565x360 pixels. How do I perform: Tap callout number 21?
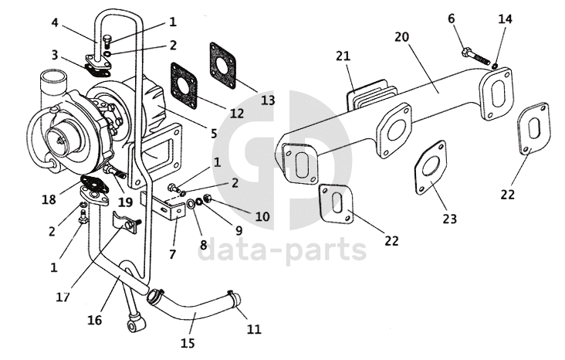343,56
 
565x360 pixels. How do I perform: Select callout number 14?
504,18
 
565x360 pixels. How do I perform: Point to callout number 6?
452,18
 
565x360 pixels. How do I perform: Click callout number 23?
449,219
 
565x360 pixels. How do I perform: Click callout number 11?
254,329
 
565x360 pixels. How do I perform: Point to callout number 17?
63,296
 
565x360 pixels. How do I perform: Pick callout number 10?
262,217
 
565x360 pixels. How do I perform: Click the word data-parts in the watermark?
282,250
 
